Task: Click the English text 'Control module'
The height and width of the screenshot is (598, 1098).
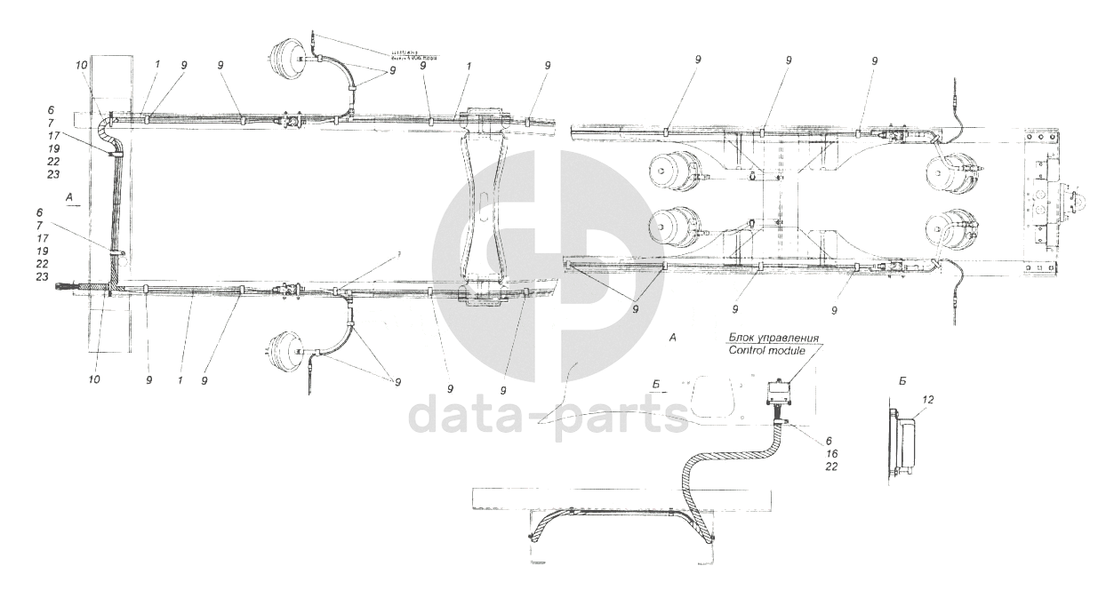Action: tap(766, 351)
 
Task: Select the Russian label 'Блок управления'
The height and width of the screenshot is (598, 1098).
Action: tap(773, 339)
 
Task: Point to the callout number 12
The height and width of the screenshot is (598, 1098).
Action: tap(927, 401)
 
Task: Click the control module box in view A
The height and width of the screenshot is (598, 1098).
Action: tap(780, 390)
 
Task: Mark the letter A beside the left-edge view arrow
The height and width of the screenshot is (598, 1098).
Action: tap(68, 194)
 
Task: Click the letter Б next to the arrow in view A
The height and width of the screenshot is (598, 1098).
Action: tap(655, 385)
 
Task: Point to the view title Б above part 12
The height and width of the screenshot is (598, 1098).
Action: tap(902, 380)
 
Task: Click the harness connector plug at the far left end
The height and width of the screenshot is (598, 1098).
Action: tap(67, 286)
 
